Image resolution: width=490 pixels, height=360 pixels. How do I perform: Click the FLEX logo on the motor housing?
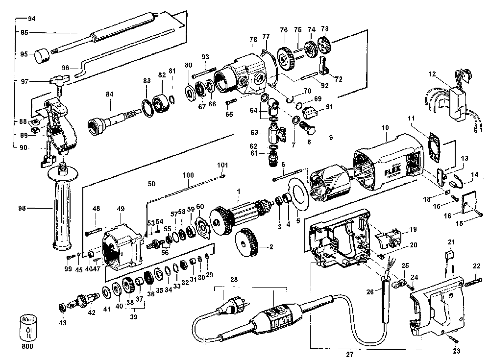[x=392, y=170]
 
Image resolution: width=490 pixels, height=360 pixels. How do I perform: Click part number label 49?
[x=121, y=209]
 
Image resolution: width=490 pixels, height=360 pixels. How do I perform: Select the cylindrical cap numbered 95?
[x=42, y=56]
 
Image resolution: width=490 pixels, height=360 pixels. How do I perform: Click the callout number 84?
[x=109, y=94]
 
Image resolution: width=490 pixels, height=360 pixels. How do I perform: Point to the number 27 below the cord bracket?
[x=350, y=355]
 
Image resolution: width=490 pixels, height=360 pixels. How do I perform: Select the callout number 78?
[x=253, y=39]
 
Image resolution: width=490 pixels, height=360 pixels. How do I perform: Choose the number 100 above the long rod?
[x=188, y=175]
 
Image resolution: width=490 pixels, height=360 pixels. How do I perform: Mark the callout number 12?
[x=432, y=74]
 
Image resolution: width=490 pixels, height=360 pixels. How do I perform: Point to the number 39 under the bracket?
[x=134, y=317]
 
